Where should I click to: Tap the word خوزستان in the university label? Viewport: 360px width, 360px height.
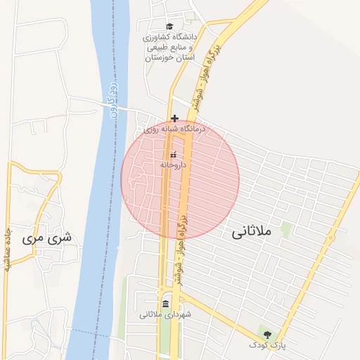pos(159,58)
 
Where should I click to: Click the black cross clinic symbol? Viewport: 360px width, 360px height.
pos(174,118)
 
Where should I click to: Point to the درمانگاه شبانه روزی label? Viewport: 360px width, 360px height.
pos(173,129)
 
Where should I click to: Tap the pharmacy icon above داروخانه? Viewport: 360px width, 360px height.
pos(174,154)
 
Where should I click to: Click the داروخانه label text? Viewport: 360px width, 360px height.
pos(174,164)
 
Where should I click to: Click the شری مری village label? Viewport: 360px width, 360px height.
pos(48,238)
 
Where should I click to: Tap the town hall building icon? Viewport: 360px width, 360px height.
pos(165,304)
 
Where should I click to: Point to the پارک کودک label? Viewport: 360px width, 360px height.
pos(266,345)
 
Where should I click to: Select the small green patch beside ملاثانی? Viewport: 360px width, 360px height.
pos(286,229)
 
